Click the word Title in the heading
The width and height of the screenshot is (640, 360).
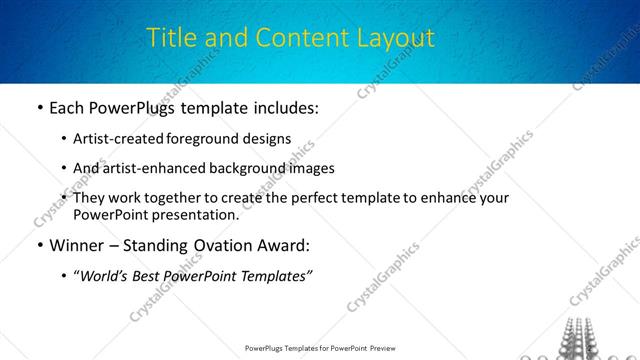click(x=169, y=38)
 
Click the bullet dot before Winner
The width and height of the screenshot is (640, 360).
click(x=38, y=245)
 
